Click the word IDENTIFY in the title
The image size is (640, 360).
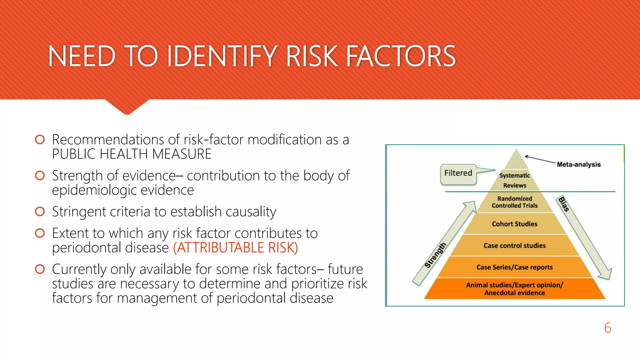[222, 56]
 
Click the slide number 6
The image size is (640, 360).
[607, 328]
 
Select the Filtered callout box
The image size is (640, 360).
[458, 173]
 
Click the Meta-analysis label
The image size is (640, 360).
[578, 164]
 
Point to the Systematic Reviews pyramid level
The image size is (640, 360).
[515, 180]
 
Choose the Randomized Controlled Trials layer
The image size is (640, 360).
[515, 202]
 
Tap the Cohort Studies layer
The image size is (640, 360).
[515, 224]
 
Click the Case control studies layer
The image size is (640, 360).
[515, 246]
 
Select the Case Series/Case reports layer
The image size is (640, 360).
[515, 267]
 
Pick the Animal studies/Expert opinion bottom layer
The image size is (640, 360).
[515, 289]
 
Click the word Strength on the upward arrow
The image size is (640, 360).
[435, 255]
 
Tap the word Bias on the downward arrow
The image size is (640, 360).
[564, 204]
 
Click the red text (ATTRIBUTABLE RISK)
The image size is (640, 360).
[235, 248]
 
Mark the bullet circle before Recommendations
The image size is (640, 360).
[40, 139]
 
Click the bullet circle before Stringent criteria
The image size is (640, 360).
[40, 212]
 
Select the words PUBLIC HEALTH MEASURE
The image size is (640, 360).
[132, 154]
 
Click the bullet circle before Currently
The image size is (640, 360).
[40, 269]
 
